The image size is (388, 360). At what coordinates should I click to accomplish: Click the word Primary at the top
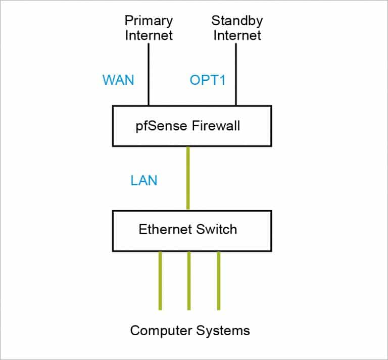point(149,21)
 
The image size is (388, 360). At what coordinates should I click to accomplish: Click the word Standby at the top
point(236,21)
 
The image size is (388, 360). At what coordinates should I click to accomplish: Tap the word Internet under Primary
point(149,35)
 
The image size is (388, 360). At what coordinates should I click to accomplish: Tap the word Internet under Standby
point(236,35)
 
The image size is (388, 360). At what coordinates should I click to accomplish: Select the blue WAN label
point(118,80)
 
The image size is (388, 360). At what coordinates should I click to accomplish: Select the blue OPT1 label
point(207,80)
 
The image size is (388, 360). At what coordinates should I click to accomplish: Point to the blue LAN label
point(143,180)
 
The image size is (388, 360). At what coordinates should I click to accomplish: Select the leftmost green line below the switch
point(160,280)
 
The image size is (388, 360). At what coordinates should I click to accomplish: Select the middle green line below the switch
point(188,280)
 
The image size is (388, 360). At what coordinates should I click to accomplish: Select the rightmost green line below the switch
point(218,280)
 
